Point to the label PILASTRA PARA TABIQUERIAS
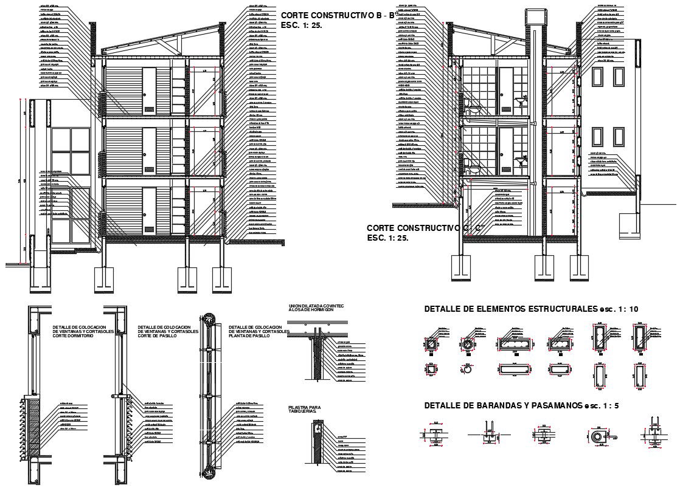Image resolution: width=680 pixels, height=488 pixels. [x=304, y=410]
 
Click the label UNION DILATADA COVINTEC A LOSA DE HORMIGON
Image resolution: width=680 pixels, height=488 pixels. [x=316, y=308]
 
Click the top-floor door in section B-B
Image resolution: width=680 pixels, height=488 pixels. [x=149, y=91]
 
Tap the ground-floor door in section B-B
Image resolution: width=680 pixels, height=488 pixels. [x=149, y=210]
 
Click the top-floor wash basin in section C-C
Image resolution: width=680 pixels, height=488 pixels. [x=519, y=101]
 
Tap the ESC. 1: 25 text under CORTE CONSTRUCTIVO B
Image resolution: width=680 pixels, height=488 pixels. [x=301, y=26]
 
